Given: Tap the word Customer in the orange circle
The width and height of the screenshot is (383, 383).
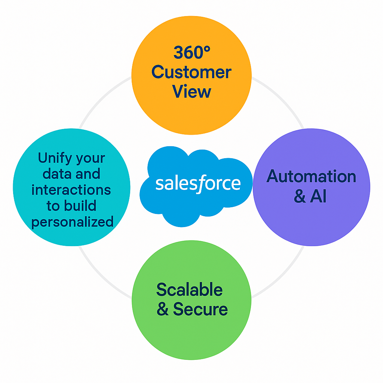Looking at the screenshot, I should tap(191, 72).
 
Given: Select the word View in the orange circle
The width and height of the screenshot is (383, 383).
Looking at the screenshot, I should tap(191, 92).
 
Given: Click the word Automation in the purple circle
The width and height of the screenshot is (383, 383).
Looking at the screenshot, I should tap(311, 176).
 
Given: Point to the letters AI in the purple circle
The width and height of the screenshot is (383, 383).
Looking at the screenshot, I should tap(318, 196).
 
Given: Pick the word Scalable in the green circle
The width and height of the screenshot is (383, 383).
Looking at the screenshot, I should tap(189, 290).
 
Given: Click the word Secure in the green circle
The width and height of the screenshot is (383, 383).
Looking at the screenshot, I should tap(200, 309).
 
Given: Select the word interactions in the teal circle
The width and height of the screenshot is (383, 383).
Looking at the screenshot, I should tap(71, 190).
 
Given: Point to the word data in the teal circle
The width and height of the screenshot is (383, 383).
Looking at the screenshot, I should tap(56, 174).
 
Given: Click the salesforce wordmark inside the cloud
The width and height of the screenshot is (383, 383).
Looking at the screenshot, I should tap(198, 184).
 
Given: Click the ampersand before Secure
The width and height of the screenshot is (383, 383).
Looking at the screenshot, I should tap(163, 310).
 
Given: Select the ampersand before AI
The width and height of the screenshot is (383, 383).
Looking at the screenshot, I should tap(300, 197).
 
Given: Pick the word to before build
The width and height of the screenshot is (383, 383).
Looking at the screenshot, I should tap(53, 206).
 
